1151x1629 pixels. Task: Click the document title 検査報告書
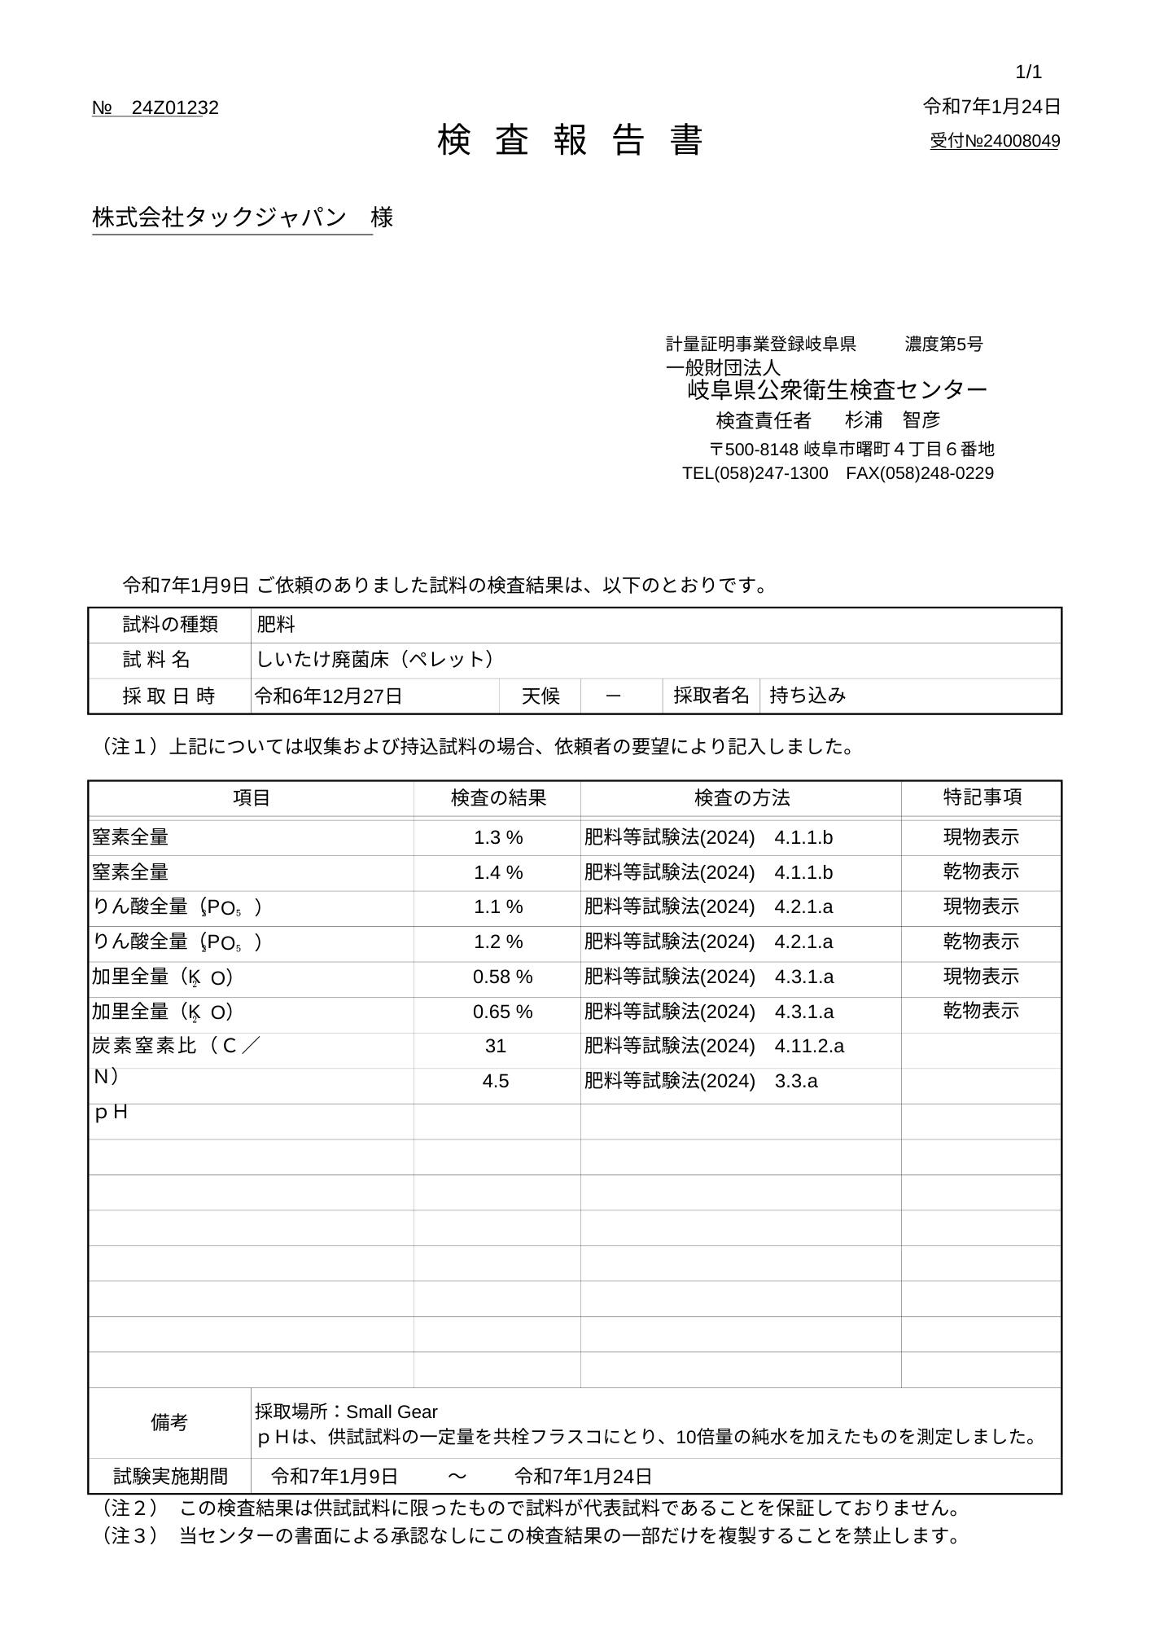570,141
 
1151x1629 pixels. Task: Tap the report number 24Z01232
174,108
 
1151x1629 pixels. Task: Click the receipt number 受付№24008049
995,142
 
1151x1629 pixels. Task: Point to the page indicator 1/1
1028,72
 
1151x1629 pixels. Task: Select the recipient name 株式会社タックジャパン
219,217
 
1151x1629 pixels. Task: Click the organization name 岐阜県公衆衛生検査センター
837,390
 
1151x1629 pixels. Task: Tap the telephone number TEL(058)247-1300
755,473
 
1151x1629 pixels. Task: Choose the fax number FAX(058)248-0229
920,473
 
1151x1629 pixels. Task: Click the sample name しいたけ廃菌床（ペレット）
374,660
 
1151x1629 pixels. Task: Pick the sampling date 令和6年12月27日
329,696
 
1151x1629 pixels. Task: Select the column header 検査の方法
742,798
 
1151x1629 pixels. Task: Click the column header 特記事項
982,798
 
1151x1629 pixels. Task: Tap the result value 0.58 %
502,977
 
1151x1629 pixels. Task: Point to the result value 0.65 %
502,1012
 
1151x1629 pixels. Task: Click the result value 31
496,1047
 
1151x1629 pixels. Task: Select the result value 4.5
496,1082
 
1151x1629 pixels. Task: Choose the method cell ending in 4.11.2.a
714,1047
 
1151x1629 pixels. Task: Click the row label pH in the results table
111,1113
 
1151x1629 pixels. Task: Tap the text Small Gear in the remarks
392,1412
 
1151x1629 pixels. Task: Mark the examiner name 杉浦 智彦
892,420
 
